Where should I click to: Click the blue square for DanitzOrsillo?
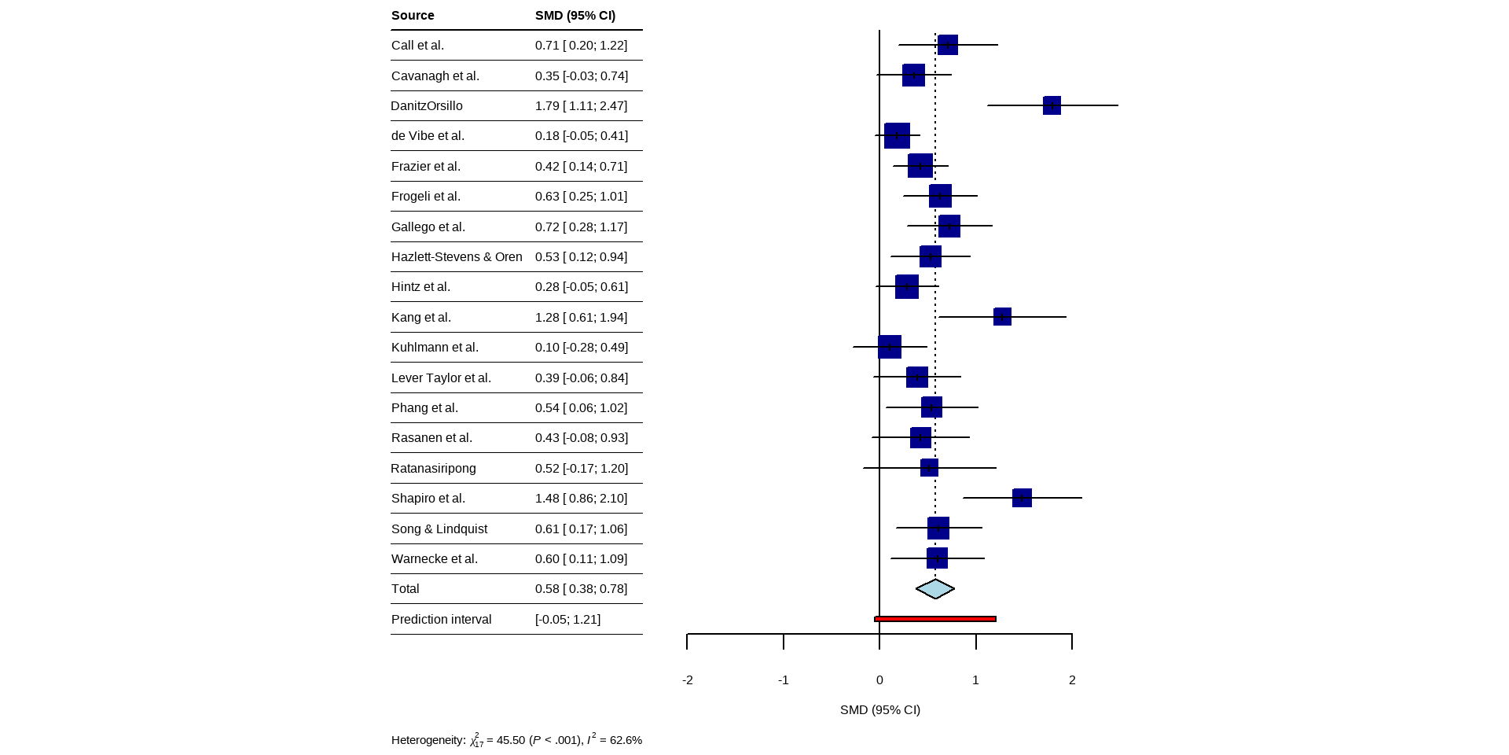(1052, 105)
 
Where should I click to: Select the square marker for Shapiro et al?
(1022, 498)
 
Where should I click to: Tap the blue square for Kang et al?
(1002, 317)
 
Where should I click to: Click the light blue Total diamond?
(935, 589)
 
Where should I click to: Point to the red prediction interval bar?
(935, 619)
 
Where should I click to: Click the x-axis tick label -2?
(688, 680)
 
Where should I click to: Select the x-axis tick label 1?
(975, 680)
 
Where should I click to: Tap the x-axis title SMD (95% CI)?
(880, 710)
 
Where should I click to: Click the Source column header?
(413, 16)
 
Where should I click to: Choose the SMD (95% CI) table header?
(575, 16)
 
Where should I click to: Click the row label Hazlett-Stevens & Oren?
(457, 257)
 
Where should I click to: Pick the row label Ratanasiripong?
(433, 469)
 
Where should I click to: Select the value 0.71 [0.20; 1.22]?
(581, 46)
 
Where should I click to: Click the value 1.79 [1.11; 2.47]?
(581, 106)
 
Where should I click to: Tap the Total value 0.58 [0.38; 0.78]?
(581, 589)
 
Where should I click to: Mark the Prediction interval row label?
(441, 620)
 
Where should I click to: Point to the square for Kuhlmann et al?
(890, 347)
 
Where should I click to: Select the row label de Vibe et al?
(428, 136)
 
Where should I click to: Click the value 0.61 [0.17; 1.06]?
(581, 529)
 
